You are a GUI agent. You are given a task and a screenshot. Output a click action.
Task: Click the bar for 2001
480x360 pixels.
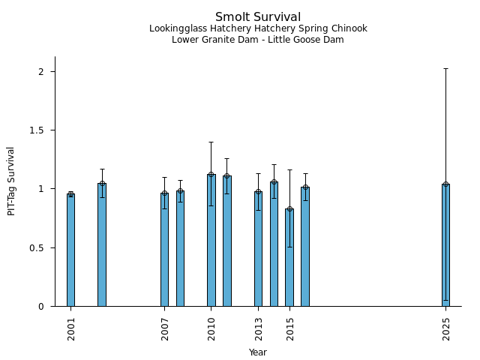pyautogui.click(x=70, y=250)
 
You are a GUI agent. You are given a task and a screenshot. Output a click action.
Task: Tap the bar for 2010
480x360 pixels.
pyautogui.click(x=211, y=240)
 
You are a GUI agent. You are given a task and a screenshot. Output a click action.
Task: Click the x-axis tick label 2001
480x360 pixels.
pyautogui.click(x=71, y=329)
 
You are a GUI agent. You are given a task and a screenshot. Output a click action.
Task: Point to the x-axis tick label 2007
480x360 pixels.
pyautogui.click(x=165, y=329)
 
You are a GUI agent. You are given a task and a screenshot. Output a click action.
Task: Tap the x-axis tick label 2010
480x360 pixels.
pyautogui.click(x=211, y=329)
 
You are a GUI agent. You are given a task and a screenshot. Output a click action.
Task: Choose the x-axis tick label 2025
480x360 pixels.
pyautogui.click(x=446, y=329)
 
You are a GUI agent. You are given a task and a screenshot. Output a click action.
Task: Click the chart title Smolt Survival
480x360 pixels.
pyautogui.click(x=258, y=17)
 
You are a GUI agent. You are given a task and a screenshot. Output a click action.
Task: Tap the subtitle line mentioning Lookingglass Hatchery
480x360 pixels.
pyautogui.click(x=258, y=29)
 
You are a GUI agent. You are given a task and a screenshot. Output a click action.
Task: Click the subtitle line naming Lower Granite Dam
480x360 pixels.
pyautogui.click(x=258, y=40)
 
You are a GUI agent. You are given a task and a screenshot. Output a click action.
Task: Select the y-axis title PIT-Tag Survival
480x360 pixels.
pyautogui.click(x=12, y=181)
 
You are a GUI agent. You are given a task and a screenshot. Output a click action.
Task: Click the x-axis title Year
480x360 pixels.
pyautogui.click(x=258, y=352)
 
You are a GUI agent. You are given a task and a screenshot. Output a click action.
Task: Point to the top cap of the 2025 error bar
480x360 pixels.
pyautogui.click(x=445, y=68)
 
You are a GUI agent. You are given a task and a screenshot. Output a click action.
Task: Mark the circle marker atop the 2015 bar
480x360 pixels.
pyautogui.click(x=289, y=209)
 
